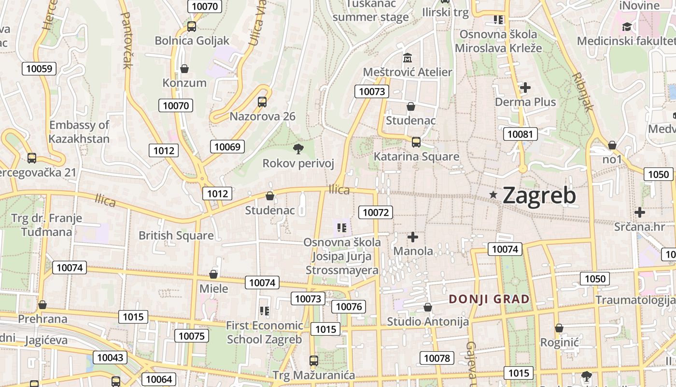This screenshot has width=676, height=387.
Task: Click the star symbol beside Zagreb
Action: click(x=493, y=195)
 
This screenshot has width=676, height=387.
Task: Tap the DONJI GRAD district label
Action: click(x=489, y=299)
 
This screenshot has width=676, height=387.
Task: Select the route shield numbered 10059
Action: click(x=39, y=68)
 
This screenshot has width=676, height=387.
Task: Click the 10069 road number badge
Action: click(x=227, y=147)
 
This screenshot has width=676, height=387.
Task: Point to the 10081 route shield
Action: click(x=520, y=134)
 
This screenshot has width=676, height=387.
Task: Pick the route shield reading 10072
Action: click(x=375, y=212)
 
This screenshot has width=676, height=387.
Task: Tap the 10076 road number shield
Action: click(x=349, y=306)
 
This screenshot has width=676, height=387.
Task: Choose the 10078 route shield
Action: click(x=437, y=358)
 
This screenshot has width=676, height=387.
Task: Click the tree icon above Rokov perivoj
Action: click(x=298, y=149)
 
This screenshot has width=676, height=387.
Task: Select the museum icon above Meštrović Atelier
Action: click(x=408, y=58)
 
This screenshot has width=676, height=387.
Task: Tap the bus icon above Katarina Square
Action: click(x=416, y=142)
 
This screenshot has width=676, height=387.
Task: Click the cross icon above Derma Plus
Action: click(x=525, y=88)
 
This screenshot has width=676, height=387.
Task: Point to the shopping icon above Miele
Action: click(x=213, y=274)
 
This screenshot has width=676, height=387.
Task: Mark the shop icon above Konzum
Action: click(x=184, y=69)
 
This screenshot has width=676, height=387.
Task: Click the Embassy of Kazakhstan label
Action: click(x=79, y=132)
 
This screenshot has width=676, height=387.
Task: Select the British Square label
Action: click(x=176, y=236)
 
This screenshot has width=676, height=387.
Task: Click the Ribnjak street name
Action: click(x=582, y=92)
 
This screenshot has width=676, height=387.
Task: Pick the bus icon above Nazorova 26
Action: click(x=262, y=102)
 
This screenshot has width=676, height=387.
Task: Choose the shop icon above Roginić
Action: click(x=559, y=328)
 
